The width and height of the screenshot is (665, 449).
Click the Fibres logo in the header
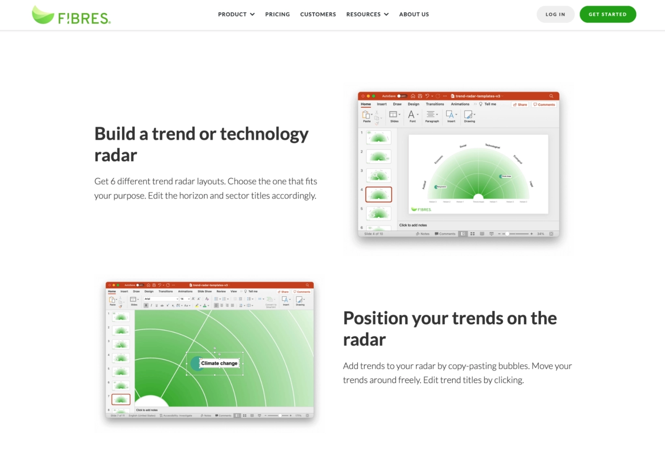(x=71, y=15)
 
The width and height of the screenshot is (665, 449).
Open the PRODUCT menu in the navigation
(x=236, y=14)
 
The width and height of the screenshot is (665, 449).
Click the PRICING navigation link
(x=277, y=14)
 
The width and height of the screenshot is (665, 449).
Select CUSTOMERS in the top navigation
(x=318, y=14)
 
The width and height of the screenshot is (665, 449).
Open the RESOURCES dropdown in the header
(x=367, y=14)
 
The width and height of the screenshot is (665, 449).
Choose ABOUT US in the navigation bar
(x=414, y=14)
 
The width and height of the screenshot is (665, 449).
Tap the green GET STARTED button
(x=607, y=14)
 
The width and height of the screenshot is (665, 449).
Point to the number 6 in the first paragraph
(x=113, y=181)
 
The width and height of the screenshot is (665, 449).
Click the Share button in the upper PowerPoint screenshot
(x=520, y=105)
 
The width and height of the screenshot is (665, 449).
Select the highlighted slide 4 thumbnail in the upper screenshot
(x=378, y=195)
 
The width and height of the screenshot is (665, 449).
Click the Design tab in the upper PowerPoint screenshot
(x=413, y=104)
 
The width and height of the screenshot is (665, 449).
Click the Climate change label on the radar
(x=219, y=363)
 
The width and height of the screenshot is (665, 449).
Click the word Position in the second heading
(x=375, y=318)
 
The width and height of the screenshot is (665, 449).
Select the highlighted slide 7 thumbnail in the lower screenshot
(x=121, y=399)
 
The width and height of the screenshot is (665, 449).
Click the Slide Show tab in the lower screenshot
(x=204, y=291)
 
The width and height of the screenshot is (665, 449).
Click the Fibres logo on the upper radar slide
(x=421, y=210)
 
